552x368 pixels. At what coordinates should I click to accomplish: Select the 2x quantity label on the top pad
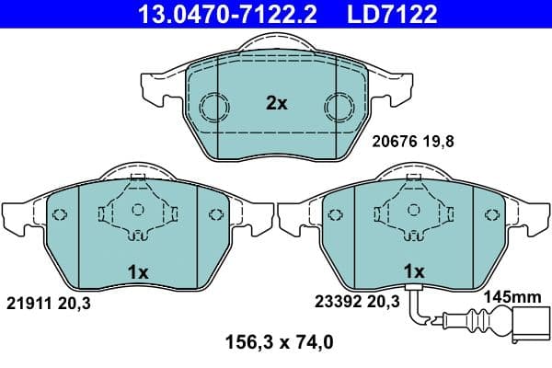tap(277, 104)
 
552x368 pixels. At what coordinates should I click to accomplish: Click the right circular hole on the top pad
tap(339, 108)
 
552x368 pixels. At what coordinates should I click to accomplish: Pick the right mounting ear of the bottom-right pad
tap(525, 217)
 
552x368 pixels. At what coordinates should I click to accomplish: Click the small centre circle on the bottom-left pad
tap(137, 210)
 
